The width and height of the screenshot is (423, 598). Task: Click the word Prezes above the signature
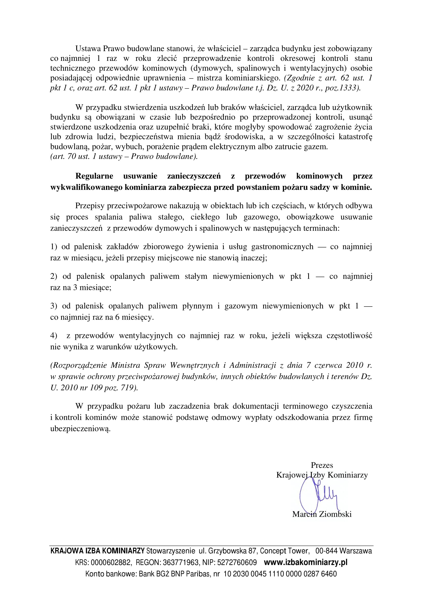[322, 465]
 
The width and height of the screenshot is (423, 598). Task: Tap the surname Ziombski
[335, 514]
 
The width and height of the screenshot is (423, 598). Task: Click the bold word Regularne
[94, 176]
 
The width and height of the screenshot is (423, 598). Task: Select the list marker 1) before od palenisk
[54, 247]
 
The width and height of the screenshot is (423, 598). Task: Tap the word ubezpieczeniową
[80, 429]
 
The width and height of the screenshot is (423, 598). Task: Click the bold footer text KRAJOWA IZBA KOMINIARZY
[97, 551]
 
